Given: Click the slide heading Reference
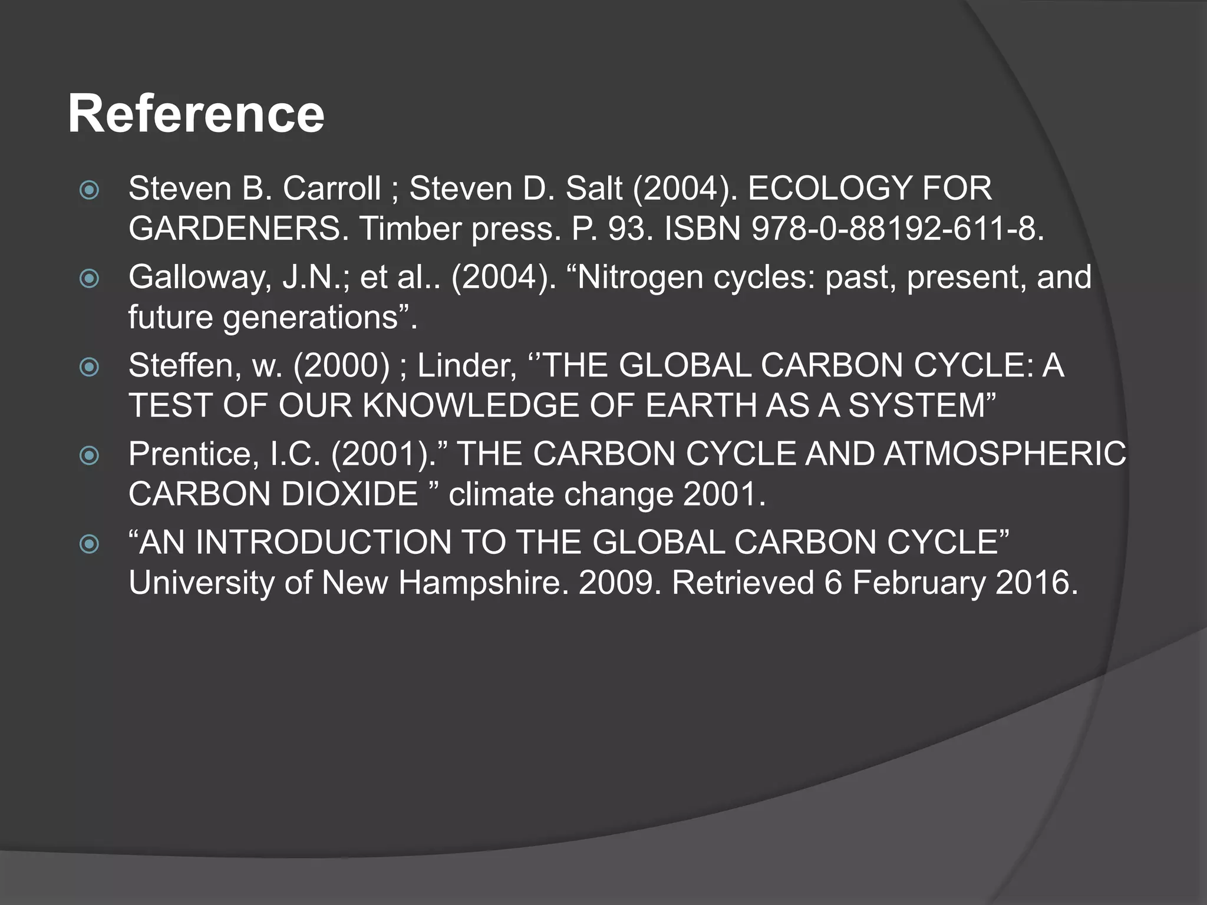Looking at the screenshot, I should (x=196, y=114).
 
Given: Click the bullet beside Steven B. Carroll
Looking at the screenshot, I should (x=90, y=190).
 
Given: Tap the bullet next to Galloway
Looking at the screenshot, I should (x=90, y=278).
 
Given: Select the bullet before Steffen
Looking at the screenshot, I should (x=90, y=367).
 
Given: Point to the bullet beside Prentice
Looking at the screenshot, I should (x=90, y=455).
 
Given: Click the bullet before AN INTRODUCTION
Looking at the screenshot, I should (x=90, y=543).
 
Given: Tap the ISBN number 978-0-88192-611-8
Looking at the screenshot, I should (x=897, y=229).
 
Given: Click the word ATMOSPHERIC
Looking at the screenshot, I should (x=1005, y=454).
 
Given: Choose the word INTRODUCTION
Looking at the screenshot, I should (x=323, y=543).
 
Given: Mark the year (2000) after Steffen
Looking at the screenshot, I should (x=342, y=366).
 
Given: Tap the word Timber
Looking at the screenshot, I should (x=410, y=229).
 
